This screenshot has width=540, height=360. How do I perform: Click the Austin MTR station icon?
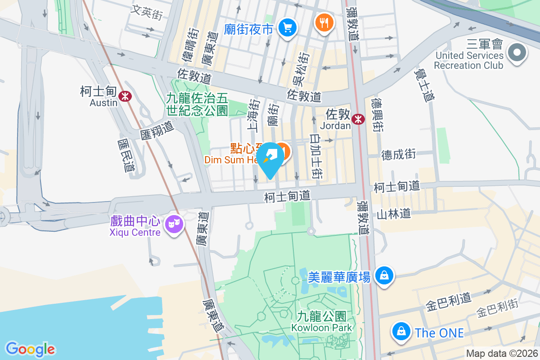point(125,95)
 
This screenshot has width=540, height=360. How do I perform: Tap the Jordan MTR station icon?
point(358,119)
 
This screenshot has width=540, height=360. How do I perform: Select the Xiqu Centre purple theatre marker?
point(174,223)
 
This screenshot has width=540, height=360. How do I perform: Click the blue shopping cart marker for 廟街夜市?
point(287,28)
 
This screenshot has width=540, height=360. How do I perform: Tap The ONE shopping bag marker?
point(400,332)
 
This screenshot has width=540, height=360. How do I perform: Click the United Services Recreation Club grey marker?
point(517,53)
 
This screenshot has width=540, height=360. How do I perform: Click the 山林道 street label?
point(394,213)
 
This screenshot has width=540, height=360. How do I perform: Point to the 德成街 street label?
point(398,155)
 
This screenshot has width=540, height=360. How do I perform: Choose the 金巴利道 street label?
point(448,302)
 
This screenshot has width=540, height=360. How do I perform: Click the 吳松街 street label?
point(301,68)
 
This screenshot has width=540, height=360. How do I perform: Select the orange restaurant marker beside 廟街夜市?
point(324,22)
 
